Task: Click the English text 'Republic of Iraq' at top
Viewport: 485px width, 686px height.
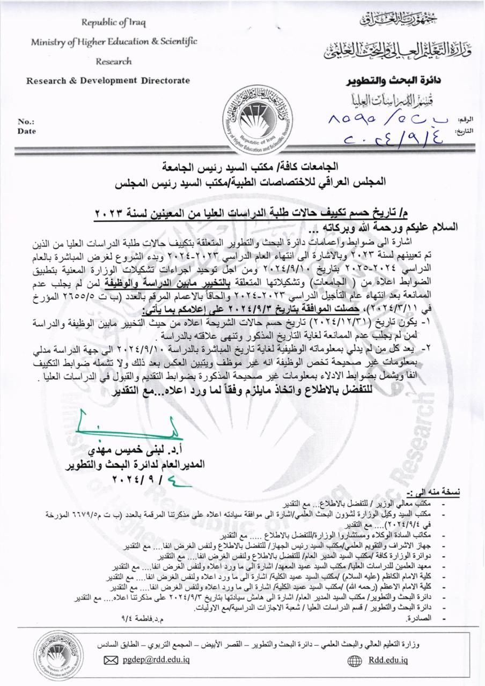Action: click(x=113, y=23)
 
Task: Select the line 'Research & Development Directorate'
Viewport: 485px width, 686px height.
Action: click(x=108, y=80)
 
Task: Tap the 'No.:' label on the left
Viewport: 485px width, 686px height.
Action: click(x=26, y=122)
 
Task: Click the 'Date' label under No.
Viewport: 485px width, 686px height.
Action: click(x=27, y=130)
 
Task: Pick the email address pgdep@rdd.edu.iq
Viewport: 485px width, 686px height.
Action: click(x=155, y=661)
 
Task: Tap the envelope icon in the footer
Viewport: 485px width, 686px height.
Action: click(x=111, y=661)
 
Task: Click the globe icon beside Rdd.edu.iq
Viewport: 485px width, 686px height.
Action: click(x=355, y=661)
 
